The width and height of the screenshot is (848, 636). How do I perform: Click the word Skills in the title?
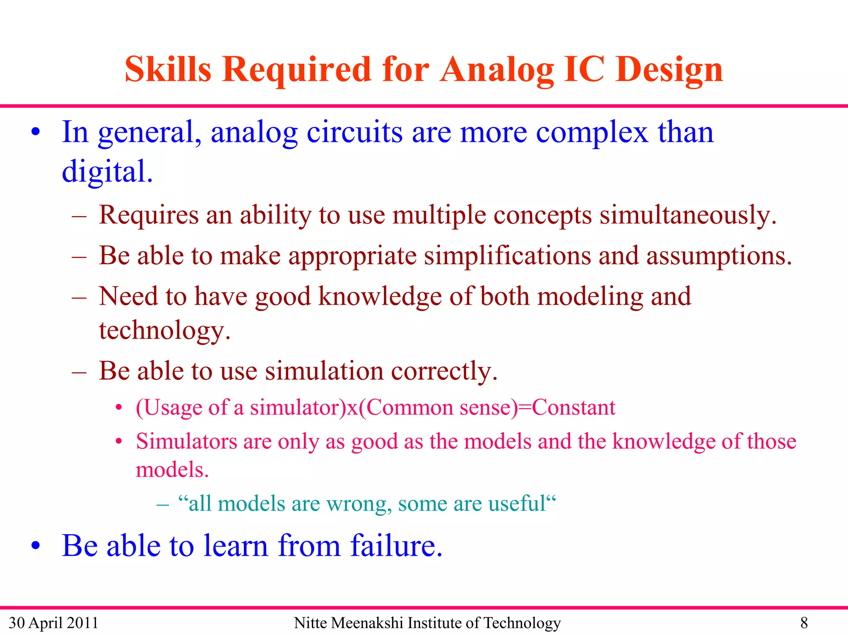click(168, 70)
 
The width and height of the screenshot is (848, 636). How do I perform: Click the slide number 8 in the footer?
click(804, 623)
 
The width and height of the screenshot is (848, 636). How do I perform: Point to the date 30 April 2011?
click(53, 623)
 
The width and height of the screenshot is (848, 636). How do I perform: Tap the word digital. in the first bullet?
click(107, 171)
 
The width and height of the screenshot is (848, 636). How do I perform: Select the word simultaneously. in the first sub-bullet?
click(688, 216)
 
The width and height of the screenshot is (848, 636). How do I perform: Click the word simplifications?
click(507, 255)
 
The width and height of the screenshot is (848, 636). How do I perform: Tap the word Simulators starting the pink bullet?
click(186, 441)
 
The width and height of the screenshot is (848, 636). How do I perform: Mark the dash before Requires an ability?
click(79, 216)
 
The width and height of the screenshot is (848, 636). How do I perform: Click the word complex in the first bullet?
click(592, 132)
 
